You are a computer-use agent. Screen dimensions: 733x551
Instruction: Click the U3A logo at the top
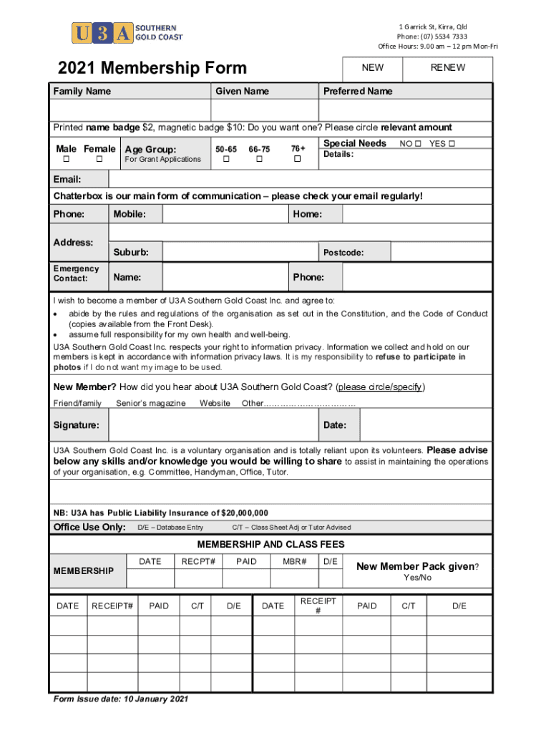coord(127,33)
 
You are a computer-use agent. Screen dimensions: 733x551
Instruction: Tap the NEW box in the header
coord(373,68)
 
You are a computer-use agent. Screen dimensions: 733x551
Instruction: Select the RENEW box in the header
coord(448,68)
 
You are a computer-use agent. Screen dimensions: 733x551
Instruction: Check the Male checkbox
coord(66,159)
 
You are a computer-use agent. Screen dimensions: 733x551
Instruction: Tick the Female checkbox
coord(99,159)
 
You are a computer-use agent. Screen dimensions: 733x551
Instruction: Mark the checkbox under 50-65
coord(226,159)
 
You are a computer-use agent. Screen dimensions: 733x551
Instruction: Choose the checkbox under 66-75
coord(259,159)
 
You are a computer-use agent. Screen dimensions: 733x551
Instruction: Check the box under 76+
coord(298,159)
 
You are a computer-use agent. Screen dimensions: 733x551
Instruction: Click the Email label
coord(67,179)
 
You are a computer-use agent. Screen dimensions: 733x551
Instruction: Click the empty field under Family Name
coord(130,110)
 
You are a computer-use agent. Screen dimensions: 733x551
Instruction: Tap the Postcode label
coord(343,253)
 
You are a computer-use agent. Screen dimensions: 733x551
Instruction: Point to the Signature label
coord(76,425)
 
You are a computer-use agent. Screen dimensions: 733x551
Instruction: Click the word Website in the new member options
coord(215,404)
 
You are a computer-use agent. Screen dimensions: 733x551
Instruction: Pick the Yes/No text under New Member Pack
coord(417,578)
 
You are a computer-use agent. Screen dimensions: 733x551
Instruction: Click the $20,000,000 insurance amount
coord(245,513)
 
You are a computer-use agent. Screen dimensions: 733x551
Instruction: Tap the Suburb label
coord(131,253)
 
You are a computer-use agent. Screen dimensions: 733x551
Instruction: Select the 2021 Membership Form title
coord(152,69)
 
